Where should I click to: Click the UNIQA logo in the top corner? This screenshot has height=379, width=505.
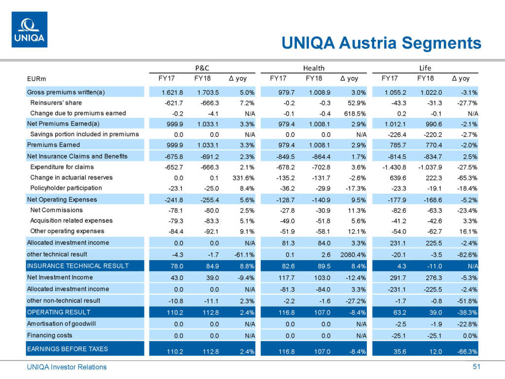click(x=29, y=30)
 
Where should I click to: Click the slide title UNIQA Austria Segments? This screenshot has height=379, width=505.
click(x=381, y=43)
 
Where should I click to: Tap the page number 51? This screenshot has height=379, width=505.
click(x=476, y=367)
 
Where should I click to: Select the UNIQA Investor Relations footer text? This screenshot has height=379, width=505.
click(x=67, y=367)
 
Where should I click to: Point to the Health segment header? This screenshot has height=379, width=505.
click(x=314, y=68)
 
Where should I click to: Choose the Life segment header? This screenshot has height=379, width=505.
click(x=425, y=68)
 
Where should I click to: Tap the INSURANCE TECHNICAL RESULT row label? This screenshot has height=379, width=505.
click(x=77, y=266)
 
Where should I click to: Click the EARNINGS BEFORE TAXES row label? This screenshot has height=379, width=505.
click(x=68, y=349)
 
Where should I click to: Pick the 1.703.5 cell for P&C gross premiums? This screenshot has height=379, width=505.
click(x=208, y=92)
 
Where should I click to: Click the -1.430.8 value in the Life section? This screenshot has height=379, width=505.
click(x=395, y=167)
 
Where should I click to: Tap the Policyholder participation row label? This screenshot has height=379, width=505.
click(x=66, y=188)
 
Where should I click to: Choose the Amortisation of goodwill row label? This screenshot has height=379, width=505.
click(x=61, y=324)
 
